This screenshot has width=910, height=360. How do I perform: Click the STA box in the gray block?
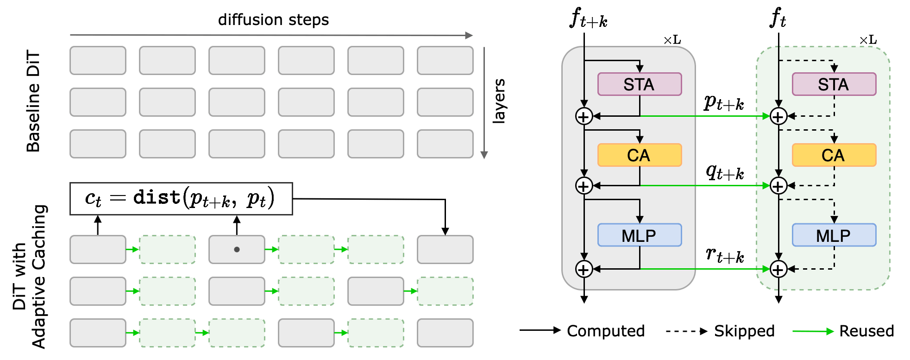(639, 84)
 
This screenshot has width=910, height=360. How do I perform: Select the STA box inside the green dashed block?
(834, 84)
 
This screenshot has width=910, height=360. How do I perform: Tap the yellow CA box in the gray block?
(639, 155)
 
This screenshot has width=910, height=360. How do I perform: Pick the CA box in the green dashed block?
(834, 155)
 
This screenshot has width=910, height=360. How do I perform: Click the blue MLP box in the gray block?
(639, 235)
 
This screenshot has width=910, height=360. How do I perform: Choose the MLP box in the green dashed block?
(834, 235)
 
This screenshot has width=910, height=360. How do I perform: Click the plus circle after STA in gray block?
(584, 116)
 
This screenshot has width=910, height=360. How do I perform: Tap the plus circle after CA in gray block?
(584, 186)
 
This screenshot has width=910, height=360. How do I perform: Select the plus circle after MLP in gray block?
(584, 269)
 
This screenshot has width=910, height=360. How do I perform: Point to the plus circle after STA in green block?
(778, 116)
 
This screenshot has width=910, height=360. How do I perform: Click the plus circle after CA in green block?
(778, 186)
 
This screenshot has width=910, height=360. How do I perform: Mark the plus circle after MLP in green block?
(778, 269)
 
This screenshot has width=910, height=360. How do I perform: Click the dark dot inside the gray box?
(237, 249)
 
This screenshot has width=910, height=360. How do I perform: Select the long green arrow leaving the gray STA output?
(704, 116)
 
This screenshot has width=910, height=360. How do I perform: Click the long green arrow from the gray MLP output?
(704, 269)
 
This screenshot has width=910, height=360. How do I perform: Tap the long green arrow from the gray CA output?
(704, 186)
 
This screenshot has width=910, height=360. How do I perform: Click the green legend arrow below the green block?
(813, 331)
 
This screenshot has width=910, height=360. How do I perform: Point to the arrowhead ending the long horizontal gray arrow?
(470, 35)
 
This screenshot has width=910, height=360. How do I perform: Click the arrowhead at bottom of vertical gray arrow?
(484, 155)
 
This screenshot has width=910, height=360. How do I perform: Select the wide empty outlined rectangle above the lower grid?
(181, 199)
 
